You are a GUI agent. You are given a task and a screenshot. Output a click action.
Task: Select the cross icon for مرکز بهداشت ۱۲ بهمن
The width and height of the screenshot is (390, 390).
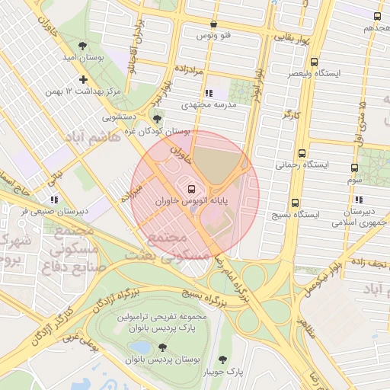[x=83, y=79]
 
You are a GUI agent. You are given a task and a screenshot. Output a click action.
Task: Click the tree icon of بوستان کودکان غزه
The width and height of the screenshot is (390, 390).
[x=158, y=118]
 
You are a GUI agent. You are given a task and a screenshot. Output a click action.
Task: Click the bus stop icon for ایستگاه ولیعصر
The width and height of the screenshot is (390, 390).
[x=314, y=62]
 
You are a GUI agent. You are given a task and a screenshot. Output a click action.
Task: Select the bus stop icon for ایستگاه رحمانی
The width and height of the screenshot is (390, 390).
[x=303, y=152]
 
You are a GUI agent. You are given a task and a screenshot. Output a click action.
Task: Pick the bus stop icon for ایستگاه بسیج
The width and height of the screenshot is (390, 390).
[x=295, y=203]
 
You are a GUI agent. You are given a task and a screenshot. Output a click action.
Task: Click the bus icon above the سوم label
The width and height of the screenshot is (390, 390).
[x=354, y=168]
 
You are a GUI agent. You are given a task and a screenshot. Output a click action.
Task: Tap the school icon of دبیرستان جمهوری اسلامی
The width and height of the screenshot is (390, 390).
[x=358, y=200]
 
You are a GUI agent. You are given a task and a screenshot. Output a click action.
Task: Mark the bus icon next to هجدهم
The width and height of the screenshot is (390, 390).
[x=376, y=16]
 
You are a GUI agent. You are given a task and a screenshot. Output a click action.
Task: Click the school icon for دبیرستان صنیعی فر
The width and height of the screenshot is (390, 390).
[x=53, y=200]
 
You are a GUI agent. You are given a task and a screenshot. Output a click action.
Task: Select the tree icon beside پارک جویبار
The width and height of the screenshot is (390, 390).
[x=222, y=360]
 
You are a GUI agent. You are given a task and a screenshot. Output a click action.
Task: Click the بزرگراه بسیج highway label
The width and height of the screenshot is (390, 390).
[x=203, y=290]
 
